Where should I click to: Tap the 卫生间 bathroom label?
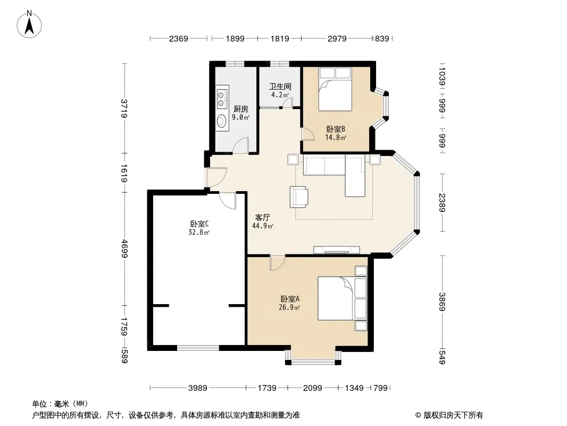tap(280, 86)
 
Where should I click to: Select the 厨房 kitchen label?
tap(240, 109)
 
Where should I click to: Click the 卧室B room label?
tap(336, 129)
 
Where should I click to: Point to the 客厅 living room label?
tap(263, 217)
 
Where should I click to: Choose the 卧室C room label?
tap(199, 224)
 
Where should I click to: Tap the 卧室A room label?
tap(290, 299)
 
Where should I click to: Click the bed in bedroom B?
tap(335, 89)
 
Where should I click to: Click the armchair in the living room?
tap(299, 197)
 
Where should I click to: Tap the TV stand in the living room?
tap(337, 250)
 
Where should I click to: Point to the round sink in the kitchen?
tap(221, 120)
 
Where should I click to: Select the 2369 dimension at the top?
tap(178, 38)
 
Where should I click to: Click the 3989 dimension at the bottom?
tap(198, 388)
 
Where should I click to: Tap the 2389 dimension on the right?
tap(442, 203)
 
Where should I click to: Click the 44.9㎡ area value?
tap(263, 226)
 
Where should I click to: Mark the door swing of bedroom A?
tap(277, 263)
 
